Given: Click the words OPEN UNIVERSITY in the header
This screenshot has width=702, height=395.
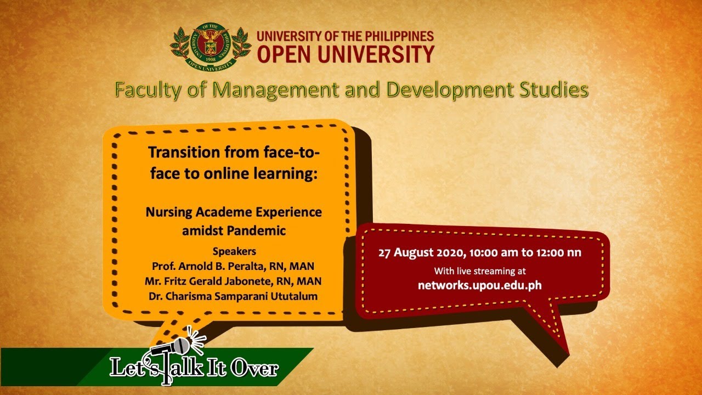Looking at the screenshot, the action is click(346, 54).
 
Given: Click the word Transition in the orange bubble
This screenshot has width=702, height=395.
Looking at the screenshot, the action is click(184, 153).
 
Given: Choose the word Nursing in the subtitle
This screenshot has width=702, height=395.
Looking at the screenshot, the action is click(169, 212).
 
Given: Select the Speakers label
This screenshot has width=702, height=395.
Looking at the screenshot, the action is click(234, 251).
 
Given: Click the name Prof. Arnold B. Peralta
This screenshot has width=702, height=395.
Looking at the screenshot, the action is click(203, 266).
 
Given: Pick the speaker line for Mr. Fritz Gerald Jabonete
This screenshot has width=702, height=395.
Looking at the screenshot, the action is click(233, 281).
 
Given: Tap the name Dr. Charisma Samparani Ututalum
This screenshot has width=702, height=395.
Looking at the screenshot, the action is click(233, 296).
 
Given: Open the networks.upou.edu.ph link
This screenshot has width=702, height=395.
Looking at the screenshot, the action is click(480, 285).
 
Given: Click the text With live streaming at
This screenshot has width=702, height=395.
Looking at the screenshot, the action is click(480, 271).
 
